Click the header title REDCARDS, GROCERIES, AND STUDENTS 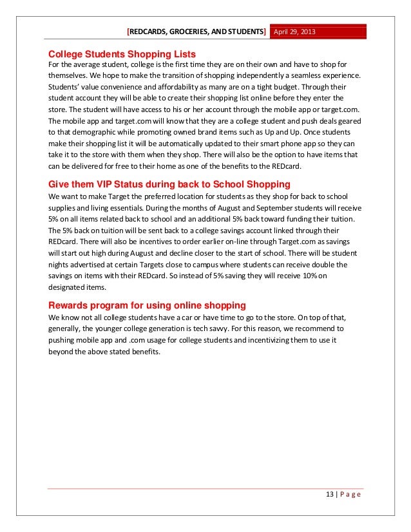click(x=197, y=32)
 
